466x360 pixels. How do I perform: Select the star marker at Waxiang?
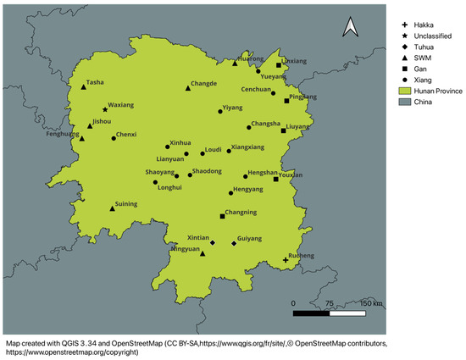(105, 109)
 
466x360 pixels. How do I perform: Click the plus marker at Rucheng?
(286, 261)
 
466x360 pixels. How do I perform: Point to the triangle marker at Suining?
(112, 208)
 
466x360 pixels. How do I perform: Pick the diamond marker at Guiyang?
(234, 244)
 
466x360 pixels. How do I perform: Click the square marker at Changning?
(223, 216)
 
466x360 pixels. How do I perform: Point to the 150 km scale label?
(371, 302)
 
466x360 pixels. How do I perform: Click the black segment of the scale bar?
(311, 313)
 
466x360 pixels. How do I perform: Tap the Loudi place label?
(214, 149)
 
